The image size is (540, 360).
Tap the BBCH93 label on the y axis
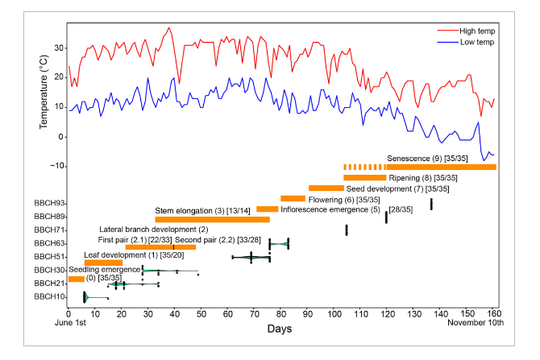coord(48,203)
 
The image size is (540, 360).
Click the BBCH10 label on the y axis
coord(48,296)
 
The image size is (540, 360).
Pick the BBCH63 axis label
coord(48,243)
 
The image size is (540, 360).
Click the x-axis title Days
coord(281,329)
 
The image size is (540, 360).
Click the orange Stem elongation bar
coord(212,219)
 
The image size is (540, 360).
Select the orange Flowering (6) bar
coord(293,198)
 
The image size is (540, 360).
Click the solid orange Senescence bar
coord(441,167)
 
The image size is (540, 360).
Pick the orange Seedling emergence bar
coord(76,279)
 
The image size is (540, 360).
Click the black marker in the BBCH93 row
coord(431,204)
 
